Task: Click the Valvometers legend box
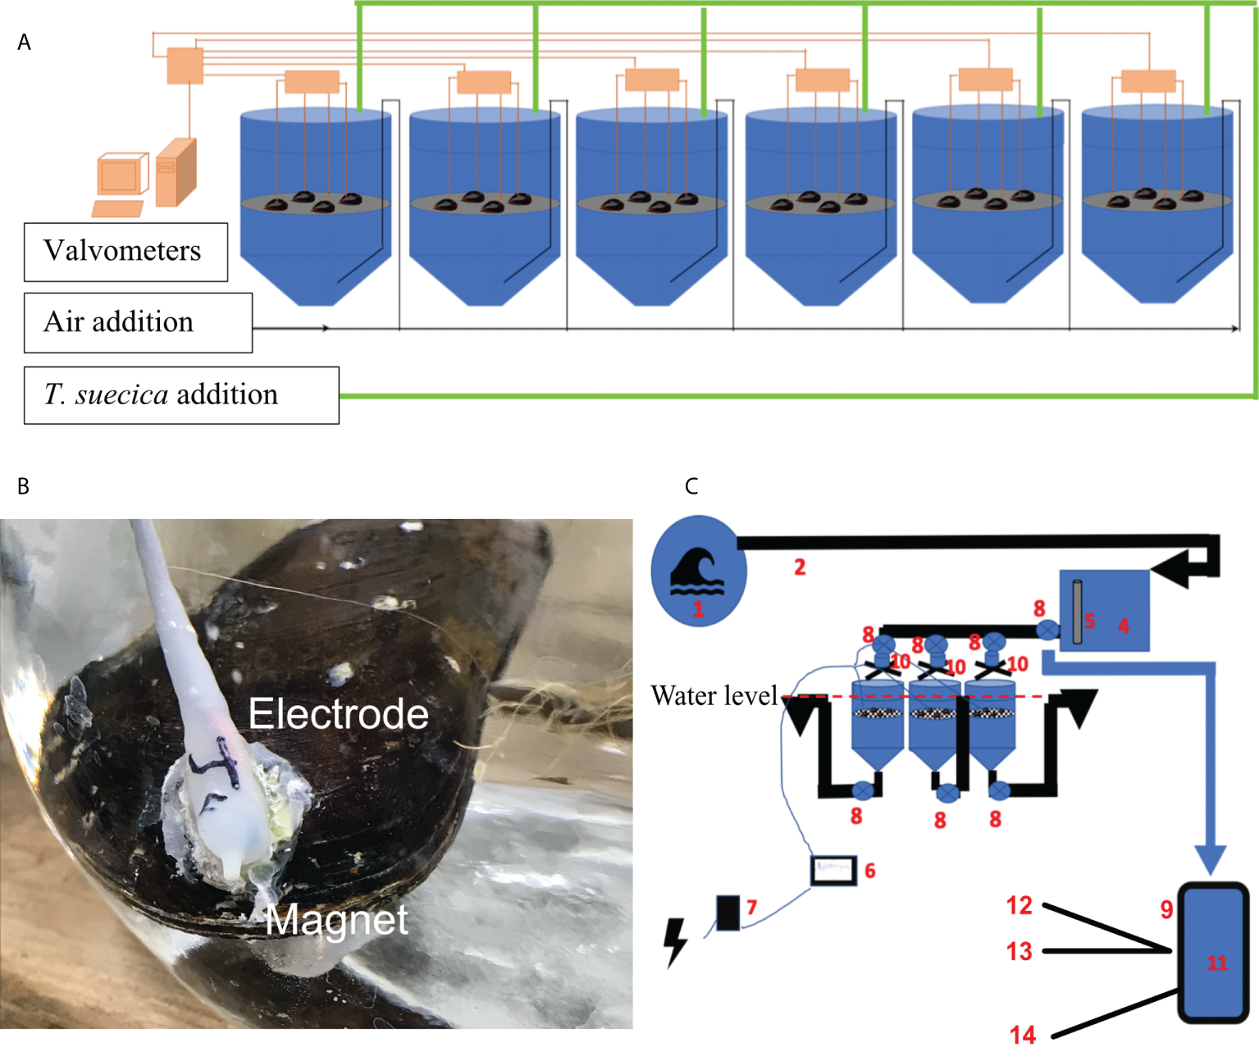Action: pos(125,252)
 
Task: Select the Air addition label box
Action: pos(138,323)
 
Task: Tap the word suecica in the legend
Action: pos(122,395)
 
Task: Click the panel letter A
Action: pos(24,43)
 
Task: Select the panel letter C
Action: pos(691,486)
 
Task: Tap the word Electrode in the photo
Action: pos(338,713)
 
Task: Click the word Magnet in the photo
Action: pos(336,920)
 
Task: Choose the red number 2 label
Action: pos(800,567)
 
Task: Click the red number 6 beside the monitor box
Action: pos(869,871)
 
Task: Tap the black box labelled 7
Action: pos(728,912)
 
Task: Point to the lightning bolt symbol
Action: pos(674,942)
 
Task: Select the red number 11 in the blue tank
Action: pos(1217,963)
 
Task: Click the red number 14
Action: pos(1022,1036)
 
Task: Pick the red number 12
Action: pos(1019,905)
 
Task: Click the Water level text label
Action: pos(714,696)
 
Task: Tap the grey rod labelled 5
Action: pos(1077,612)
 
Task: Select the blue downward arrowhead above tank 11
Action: pos(1210,859)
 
